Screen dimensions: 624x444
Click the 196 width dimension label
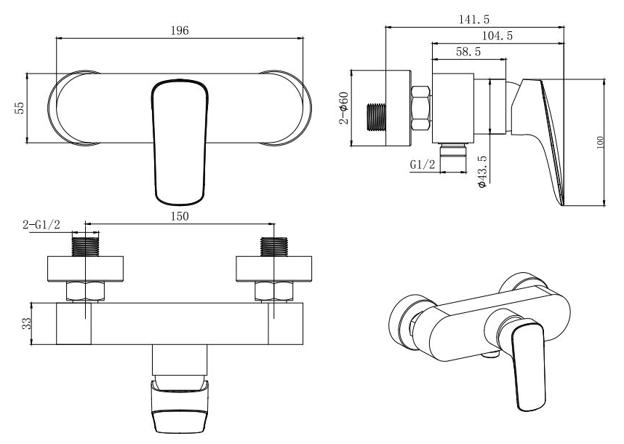(x=180, y=31)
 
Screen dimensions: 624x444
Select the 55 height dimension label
(x=20, y=108)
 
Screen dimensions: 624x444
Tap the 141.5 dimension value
(x=474, y=19)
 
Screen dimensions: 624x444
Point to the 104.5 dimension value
(x=497, y=36)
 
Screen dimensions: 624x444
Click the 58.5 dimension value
(x=468, y=52)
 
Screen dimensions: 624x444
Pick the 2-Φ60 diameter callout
(x=344, y=108)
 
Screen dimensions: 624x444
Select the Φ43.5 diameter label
(x=482, y=172)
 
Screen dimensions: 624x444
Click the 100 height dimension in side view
(x=600, y=142)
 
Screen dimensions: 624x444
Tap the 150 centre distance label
(x=180, y=216)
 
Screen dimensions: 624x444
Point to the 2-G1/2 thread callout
(x=41, y=225)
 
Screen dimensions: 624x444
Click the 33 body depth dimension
(x=26, y=323)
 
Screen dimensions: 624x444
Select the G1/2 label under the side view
(x=423, y=164)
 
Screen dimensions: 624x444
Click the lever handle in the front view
(x=180, y=142)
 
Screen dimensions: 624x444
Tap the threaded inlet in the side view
(x=376, y=117)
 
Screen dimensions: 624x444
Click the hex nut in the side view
(x=420, y=108)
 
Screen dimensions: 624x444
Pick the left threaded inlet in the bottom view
(x=85, y=247)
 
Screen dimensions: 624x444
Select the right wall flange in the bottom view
(x=273, y=269)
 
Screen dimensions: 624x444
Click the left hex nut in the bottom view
(x=86, y=291)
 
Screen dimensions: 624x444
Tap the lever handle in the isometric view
(x=529, y=365)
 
